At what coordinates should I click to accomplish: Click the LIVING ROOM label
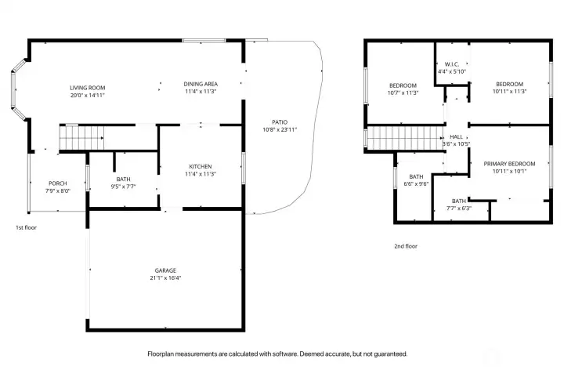88,88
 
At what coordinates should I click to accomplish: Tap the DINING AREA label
201,84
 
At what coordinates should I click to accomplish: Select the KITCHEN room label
201,167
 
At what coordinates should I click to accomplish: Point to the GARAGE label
165,270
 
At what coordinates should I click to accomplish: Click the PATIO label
280,122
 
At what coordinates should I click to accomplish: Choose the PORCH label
57,183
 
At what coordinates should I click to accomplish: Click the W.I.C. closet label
452,64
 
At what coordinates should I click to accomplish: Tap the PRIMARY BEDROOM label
509,164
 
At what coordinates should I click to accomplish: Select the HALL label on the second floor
456,136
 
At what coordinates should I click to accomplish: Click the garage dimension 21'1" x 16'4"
165,277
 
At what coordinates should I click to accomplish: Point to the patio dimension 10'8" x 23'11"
280,130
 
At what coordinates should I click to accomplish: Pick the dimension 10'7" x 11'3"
403,92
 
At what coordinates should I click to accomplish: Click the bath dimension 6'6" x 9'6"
416,184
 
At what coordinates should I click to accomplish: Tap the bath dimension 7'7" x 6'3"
459,209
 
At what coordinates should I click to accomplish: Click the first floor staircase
82,137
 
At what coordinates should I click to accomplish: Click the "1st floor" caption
26,227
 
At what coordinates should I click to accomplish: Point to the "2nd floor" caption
406,246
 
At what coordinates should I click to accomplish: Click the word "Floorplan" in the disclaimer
161,354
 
